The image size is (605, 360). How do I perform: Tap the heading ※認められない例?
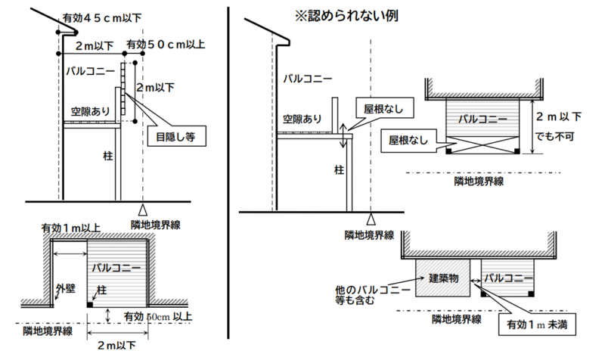coord(337,14)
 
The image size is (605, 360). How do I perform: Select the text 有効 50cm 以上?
coord(158,316)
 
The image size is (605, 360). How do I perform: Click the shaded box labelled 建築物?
coord(442,278)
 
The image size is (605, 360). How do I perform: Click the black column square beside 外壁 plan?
coord(92,304)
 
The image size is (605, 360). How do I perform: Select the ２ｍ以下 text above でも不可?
coord(559,117)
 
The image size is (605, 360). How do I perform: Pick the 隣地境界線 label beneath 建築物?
coord(456,319)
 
